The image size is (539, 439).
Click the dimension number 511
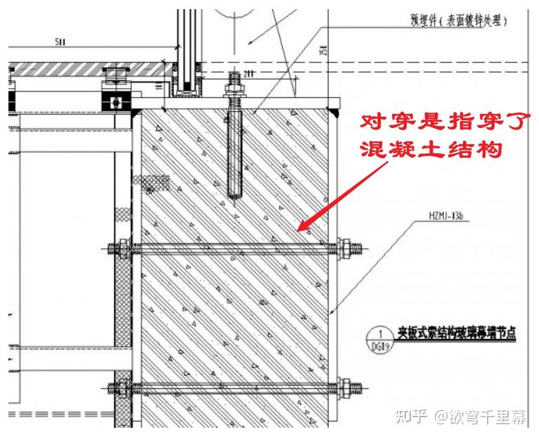pos(61,42)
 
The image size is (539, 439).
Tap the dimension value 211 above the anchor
pos(248,73)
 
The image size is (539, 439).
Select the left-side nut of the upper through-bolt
pos(119,248)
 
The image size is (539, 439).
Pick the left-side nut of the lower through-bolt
pos(119,386)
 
